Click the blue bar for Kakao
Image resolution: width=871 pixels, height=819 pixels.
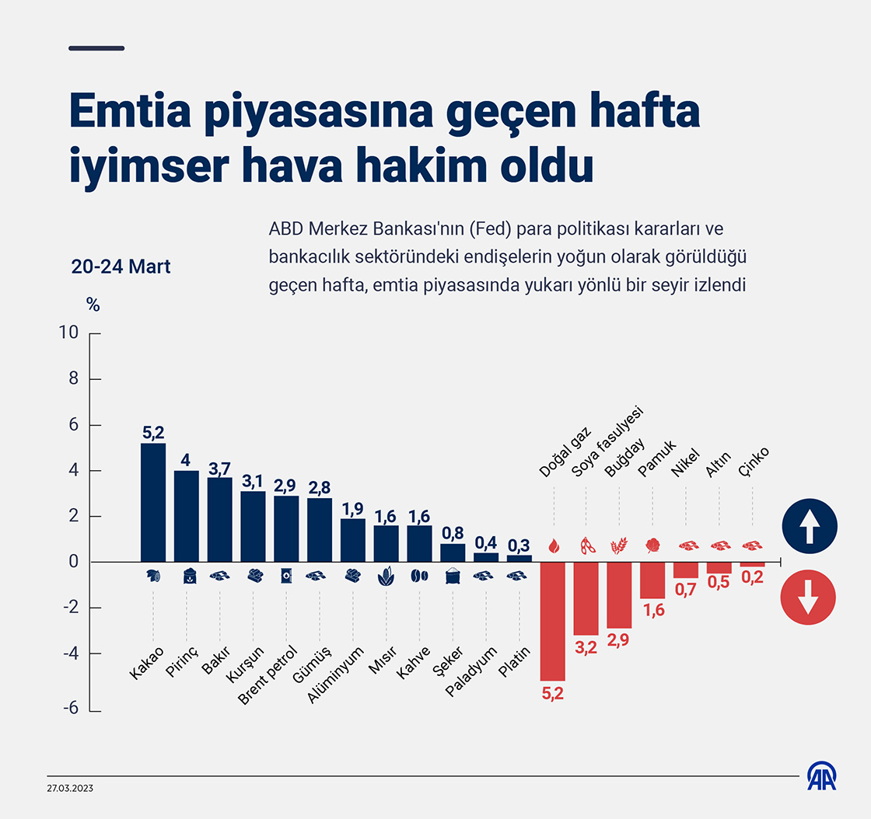coord(153,502)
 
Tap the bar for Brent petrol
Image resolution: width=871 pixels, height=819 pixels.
coord(286,528)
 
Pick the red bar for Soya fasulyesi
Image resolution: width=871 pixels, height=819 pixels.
coord(586,598)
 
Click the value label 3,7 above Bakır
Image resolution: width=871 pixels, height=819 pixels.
coord(220,468)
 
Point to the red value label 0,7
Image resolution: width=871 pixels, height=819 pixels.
coord(685,589)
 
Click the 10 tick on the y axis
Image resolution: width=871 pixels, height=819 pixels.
coord(68,333)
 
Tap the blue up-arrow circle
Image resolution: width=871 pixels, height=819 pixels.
coord(809,526)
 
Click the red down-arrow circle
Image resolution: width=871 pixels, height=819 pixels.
coord(809,598)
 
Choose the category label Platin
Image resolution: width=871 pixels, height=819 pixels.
coord(515,662)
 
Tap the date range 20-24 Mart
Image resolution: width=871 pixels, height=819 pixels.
coord(121,267)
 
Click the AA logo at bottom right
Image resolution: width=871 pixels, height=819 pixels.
coord(821,775)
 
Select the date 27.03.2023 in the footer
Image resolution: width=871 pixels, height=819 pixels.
coord(70,788)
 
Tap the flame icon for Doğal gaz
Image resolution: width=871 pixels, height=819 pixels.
coord(553,546)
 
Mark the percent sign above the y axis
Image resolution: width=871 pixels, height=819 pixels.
coord(93,305)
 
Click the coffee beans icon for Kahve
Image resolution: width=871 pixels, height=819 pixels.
coord(419,576)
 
